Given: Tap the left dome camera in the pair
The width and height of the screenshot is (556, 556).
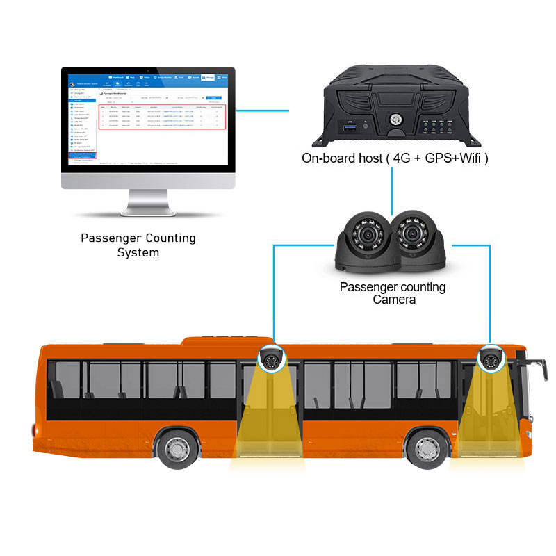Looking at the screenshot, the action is coord(366,243).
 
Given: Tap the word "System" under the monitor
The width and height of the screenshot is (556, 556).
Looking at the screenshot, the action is coord(138,252).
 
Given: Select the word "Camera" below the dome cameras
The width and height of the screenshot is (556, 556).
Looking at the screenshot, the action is coord(393,300).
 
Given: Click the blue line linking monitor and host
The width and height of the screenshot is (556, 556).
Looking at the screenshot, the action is coord(263,109).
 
